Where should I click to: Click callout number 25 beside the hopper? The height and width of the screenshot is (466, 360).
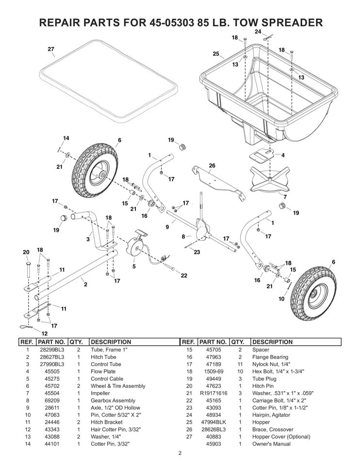pos(216,53)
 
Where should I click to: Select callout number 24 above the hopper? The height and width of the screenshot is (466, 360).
pos(258,31)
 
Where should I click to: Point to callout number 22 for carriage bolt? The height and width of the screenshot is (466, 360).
pos(184,276)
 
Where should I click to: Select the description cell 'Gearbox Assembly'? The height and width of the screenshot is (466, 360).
pos(111,400)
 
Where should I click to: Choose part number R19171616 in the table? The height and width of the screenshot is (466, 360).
pos(213,393)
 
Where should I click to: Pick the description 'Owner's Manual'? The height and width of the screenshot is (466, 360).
pos(272,444)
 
